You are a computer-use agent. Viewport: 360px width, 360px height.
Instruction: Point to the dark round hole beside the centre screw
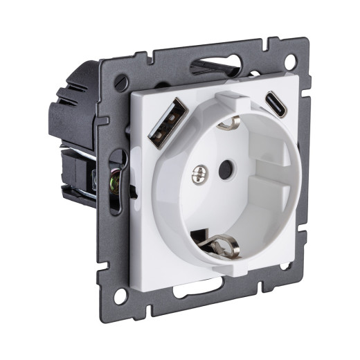click(225, 166)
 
